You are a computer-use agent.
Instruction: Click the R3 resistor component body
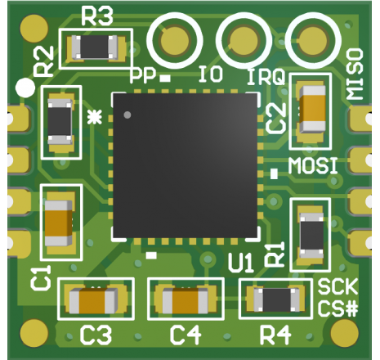coord(95,47)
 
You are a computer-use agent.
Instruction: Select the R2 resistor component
coord(60,122)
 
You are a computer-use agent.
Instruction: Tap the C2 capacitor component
coord(312,109)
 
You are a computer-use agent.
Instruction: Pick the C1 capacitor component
coord(59,223)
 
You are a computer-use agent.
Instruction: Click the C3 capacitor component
coord(93,300)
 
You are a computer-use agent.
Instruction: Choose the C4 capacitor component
coord(186,300)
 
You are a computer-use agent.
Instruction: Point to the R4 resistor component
coord(276,299)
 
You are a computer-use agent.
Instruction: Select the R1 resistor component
coord(312,236)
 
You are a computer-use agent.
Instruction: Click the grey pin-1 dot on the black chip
coord(127,115)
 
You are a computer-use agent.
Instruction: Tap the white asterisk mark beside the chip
coord(95,117)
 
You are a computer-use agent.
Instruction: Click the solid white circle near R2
coord(25,88)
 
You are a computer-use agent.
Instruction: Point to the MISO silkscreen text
coord(355,74)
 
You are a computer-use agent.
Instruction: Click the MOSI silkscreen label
coord(313,166)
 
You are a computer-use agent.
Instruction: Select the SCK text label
coord(338,286)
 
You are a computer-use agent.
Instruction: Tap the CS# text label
coord(338,308)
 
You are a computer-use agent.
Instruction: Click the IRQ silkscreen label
coord(266,77)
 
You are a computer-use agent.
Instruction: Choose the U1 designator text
coord(241,264)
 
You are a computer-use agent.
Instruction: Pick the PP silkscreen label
coord(144,75)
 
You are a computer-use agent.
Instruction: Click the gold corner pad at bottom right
coord(344,333)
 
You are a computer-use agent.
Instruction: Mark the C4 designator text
coord(186,335)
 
